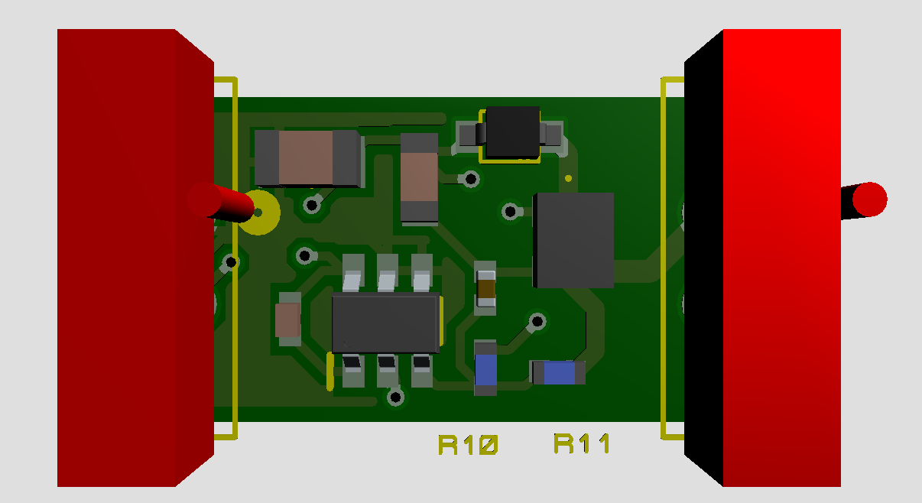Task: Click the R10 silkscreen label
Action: tap(468, 444)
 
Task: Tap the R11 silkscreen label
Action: tap(582, 443)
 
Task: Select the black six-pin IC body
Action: tap(386, 322)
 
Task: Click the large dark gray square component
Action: tap(573, 240)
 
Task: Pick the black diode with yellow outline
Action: tap(513, 133)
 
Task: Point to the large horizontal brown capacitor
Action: tap(307, 158)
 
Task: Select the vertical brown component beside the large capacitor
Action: tap(419, 177)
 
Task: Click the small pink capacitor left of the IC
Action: tap(288, 320)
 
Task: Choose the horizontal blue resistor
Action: tap(558, 372)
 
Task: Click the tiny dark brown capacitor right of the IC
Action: tap(485, 287)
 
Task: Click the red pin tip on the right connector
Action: tap(869, 200)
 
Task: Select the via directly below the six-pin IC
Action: tap(395, 397)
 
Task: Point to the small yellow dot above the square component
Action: tap(568, 179)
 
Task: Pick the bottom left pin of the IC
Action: tap(352, 370)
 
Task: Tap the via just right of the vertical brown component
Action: tap(472, 179)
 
